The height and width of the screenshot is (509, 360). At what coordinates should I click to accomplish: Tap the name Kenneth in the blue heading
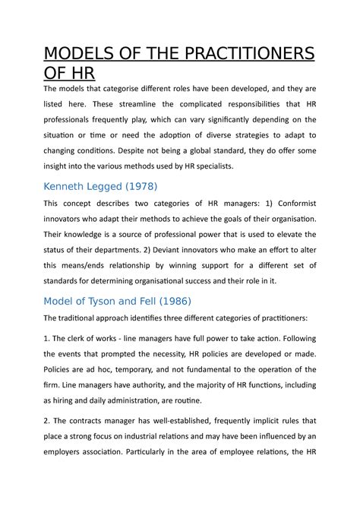(69, 186)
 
